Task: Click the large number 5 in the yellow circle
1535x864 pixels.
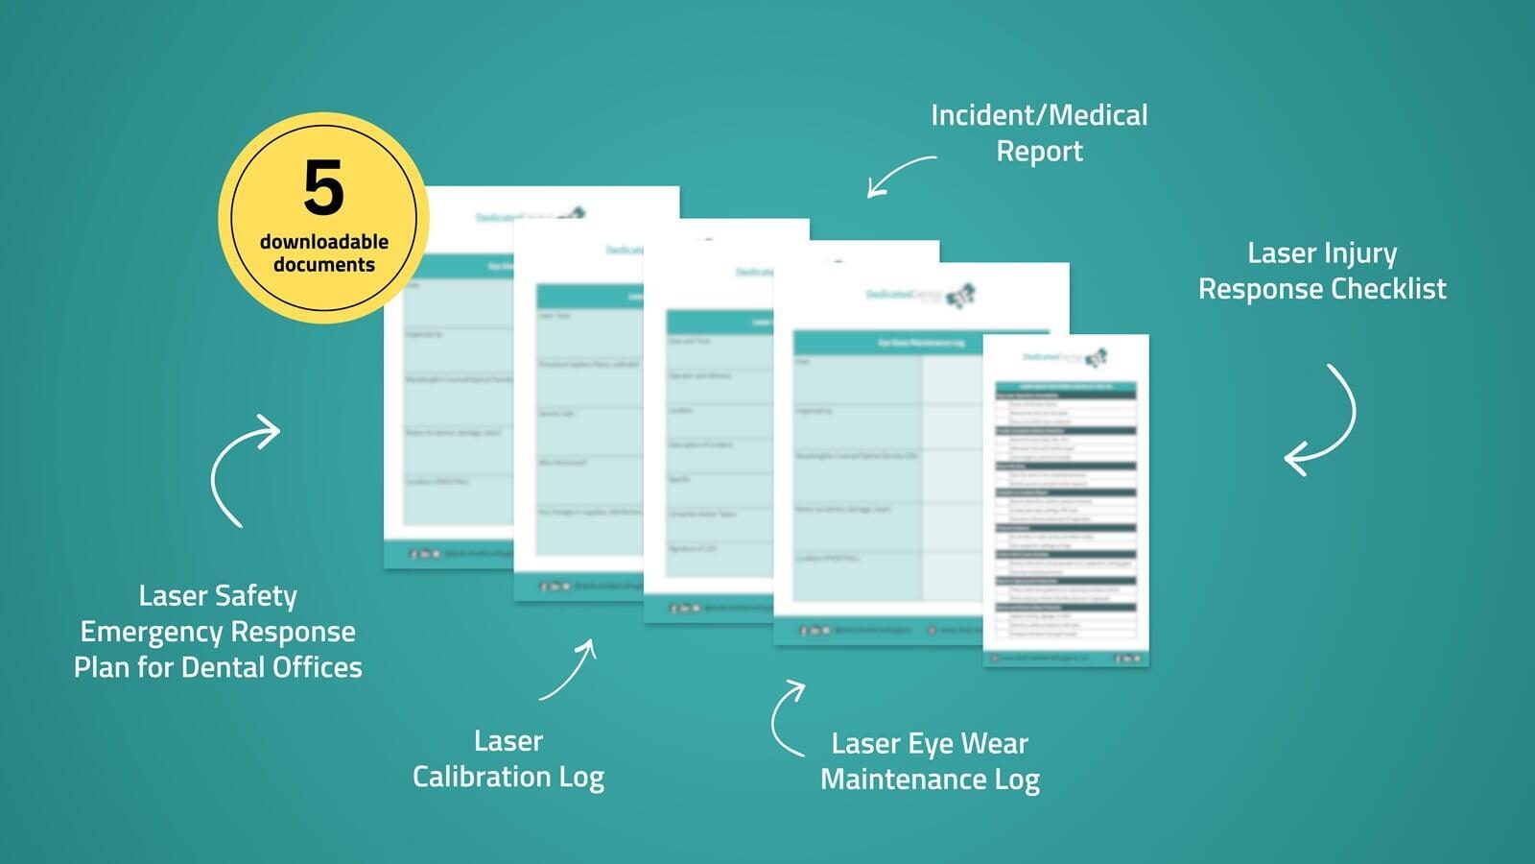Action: [x=323, y=188]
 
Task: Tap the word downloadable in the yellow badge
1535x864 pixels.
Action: [x=324, y=242]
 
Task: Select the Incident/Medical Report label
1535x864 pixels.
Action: [x=1039, y=132]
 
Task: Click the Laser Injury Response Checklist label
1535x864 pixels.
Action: [x=1322, y=271]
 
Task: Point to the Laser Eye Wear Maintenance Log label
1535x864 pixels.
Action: [x=930, y=761]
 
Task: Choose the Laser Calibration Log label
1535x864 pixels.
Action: [x=508, y=758]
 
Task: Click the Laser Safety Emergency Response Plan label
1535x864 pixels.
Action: [x=218, y=632]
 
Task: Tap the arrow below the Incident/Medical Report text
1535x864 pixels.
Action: [x=900, y=175]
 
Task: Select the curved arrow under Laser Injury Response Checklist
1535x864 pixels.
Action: [x=1324, y=420]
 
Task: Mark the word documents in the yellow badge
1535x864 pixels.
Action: [x=324, y=265]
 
